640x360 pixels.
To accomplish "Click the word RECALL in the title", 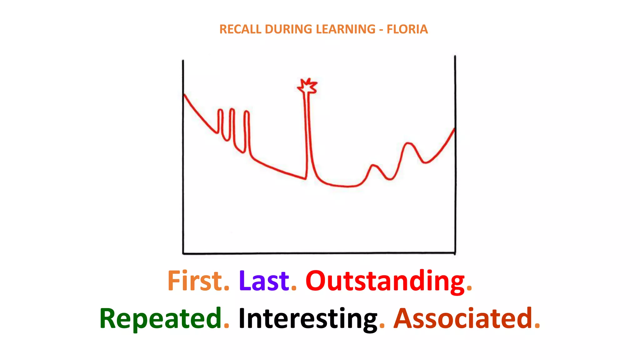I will tap(240, 29).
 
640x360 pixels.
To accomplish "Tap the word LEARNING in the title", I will tap(345, 29).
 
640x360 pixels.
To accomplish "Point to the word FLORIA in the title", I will tap(407, 29).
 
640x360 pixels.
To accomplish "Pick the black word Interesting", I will tap(308, 319).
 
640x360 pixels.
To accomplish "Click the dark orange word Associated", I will tap(463, 318).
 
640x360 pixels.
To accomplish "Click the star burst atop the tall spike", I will tap(307, 86).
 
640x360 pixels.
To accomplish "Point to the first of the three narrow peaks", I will tap(220, 111).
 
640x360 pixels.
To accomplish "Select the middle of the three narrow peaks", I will tap(232, 110).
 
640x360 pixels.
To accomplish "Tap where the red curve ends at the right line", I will tap(454, 129).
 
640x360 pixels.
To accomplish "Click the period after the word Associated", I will tap(537, 326).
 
